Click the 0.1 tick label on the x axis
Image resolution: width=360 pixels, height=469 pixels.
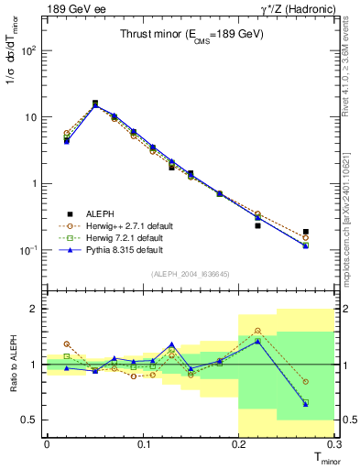(x=143, y=444)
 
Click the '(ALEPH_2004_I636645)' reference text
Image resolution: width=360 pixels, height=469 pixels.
(x=190, y=275)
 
